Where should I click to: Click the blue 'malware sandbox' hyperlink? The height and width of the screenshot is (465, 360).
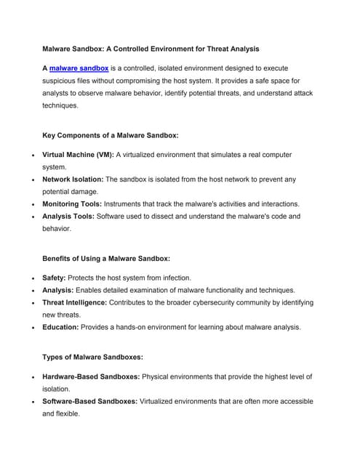79,68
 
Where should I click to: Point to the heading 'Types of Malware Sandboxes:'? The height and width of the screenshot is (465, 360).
92,357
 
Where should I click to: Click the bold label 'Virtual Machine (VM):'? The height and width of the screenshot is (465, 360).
78,155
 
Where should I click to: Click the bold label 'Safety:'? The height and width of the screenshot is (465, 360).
55,278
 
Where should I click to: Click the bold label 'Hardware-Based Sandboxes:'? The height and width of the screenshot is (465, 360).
91,376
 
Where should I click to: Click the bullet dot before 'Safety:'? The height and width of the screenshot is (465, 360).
26,278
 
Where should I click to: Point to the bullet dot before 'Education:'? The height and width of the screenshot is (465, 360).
26,328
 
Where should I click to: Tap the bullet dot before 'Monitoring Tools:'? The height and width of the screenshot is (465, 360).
26,205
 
